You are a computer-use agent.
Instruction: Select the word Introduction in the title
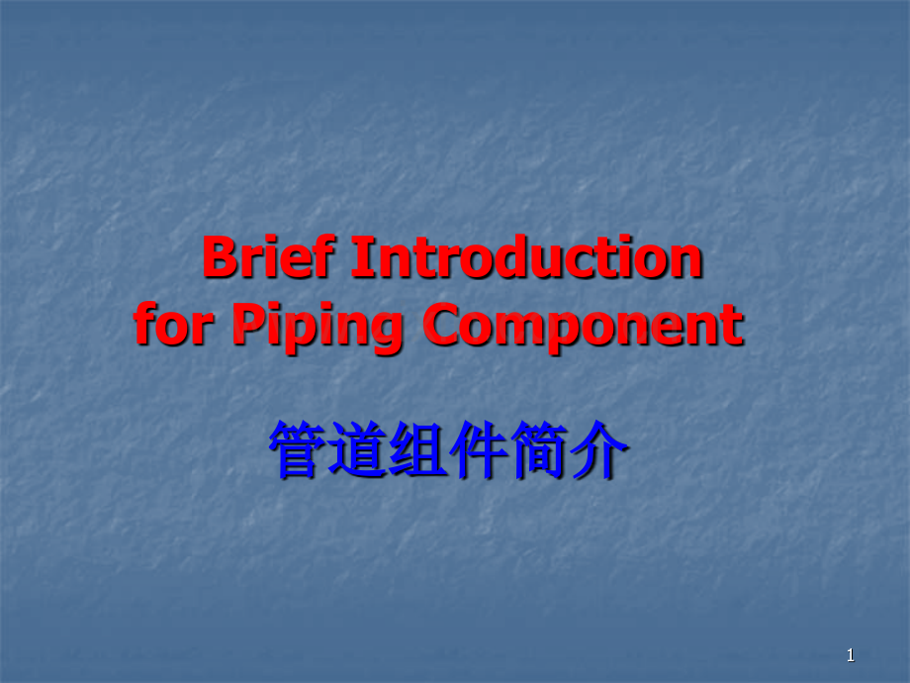527,260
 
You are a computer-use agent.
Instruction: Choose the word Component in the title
584,328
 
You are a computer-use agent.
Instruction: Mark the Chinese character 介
599,451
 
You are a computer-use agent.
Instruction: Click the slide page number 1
850,655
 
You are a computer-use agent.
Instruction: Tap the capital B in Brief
220,260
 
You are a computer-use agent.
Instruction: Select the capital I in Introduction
361,260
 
